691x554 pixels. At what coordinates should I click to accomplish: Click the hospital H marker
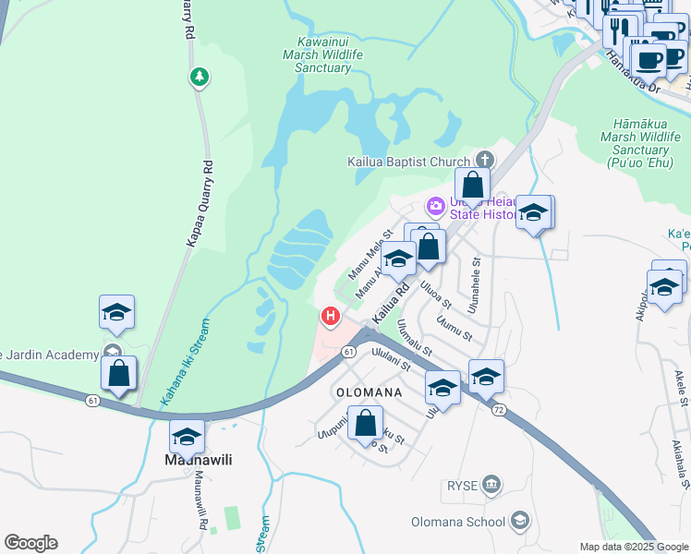[x=330, y=318]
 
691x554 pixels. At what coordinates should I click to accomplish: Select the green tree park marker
[x=199, y=77]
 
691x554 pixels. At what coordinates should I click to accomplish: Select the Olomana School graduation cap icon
[x=521, y=523]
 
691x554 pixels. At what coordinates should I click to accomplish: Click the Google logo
[x=30, y=543]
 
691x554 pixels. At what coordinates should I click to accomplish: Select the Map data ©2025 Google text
[x=634, y=547]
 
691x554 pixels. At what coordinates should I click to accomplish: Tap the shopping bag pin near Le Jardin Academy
[x=118, y=374]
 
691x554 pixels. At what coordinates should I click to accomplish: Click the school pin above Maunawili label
[x=187, y=437]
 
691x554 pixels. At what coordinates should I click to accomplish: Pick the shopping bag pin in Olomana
[x=366, y=423]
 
